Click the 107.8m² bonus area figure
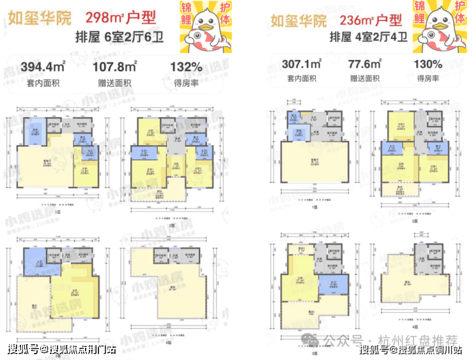(115, 67)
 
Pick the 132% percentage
(186, 67)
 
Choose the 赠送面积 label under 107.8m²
(115, 81)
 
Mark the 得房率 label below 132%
(186, 81)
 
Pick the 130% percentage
(428, 64)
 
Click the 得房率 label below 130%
(428, 78)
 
